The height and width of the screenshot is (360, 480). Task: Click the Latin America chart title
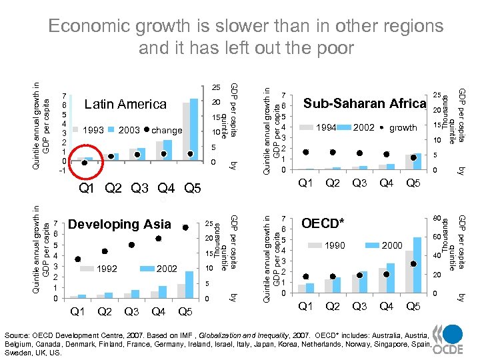(x=125, y=104)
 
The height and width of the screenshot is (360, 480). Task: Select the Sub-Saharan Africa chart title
(x=364, y=103)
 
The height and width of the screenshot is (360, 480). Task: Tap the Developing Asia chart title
(x=120, y=224)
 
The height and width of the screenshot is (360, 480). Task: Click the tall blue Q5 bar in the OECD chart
(x=417, y=265)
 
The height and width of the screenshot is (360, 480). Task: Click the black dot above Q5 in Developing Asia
(x=185, y=225)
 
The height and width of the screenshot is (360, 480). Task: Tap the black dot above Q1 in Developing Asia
(x=78, y=259)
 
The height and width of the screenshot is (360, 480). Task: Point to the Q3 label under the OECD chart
(x=359, y=306)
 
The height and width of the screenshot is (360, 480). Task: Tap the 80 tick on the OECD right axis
(x=437, y=219)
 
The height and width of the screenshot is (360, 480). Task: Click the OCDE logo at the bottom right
(x=446, y=336)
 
